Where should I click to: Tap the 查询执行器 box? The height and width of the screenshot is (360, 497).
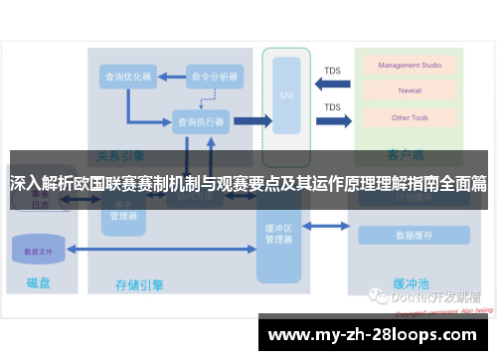200,121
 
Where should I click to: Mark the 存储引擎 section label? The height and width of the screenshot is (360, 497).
139,284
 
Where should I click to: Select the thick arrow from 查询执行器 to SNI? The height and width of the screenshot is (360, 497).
251,121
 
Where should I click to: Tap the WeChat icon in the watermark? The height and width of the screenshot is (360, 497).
379,295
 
